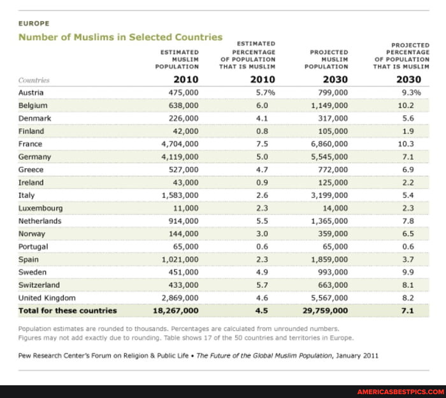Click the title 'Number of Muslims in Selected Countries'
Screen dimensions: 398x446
pos(120,37)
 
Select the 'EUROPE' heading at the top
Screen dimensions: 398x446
pos(35,23)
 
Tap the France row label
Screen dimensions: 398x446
pos(31,144)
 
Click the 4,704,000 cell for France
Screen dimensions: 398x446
pos(180,144)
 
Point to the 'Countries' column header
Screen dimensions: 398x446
pos(34,80)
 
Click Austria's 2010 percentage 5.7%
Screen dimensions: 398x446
pos(265,92)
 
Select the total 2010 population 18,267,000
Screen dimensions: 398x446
pos(175,311)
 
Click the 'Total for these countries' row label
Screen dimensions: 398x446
pos(68,311)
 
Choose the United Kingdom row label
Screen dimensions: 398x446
pos(47,297)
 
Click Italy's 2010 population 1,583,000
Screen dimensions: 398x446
pos(180,195)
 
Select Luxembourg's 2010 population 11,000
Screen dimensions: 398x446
pos(185,208)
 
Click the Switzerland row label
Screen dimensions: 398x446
pos(40,285)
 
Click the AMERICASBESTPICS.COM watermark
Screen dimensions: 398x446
pos(399,392)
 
